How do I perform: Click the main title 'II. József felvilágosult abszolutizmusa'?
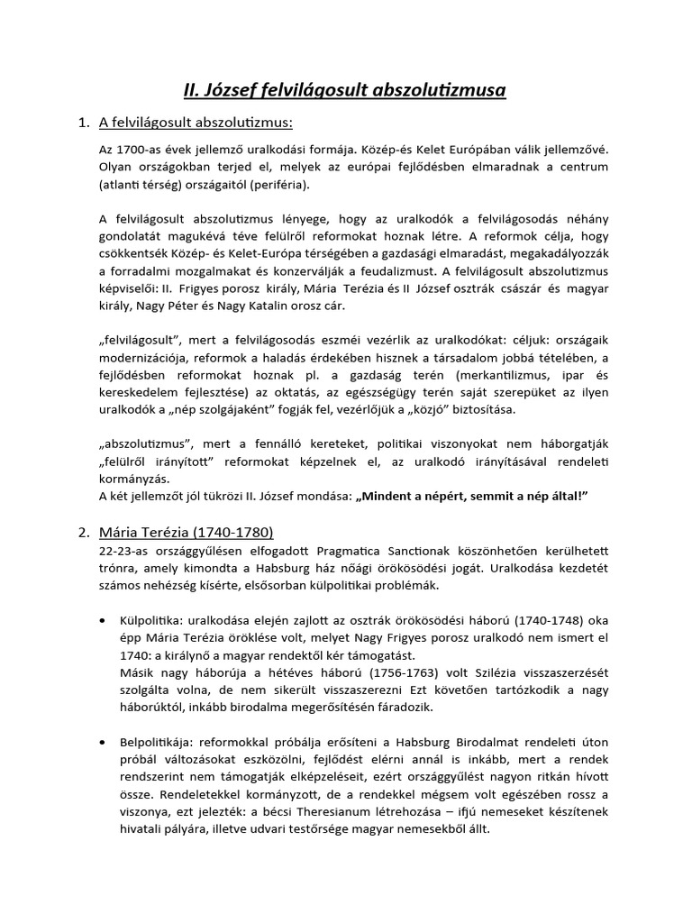tap(346, 90)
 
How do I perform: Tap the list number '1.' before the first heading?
tap(85, 123)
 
